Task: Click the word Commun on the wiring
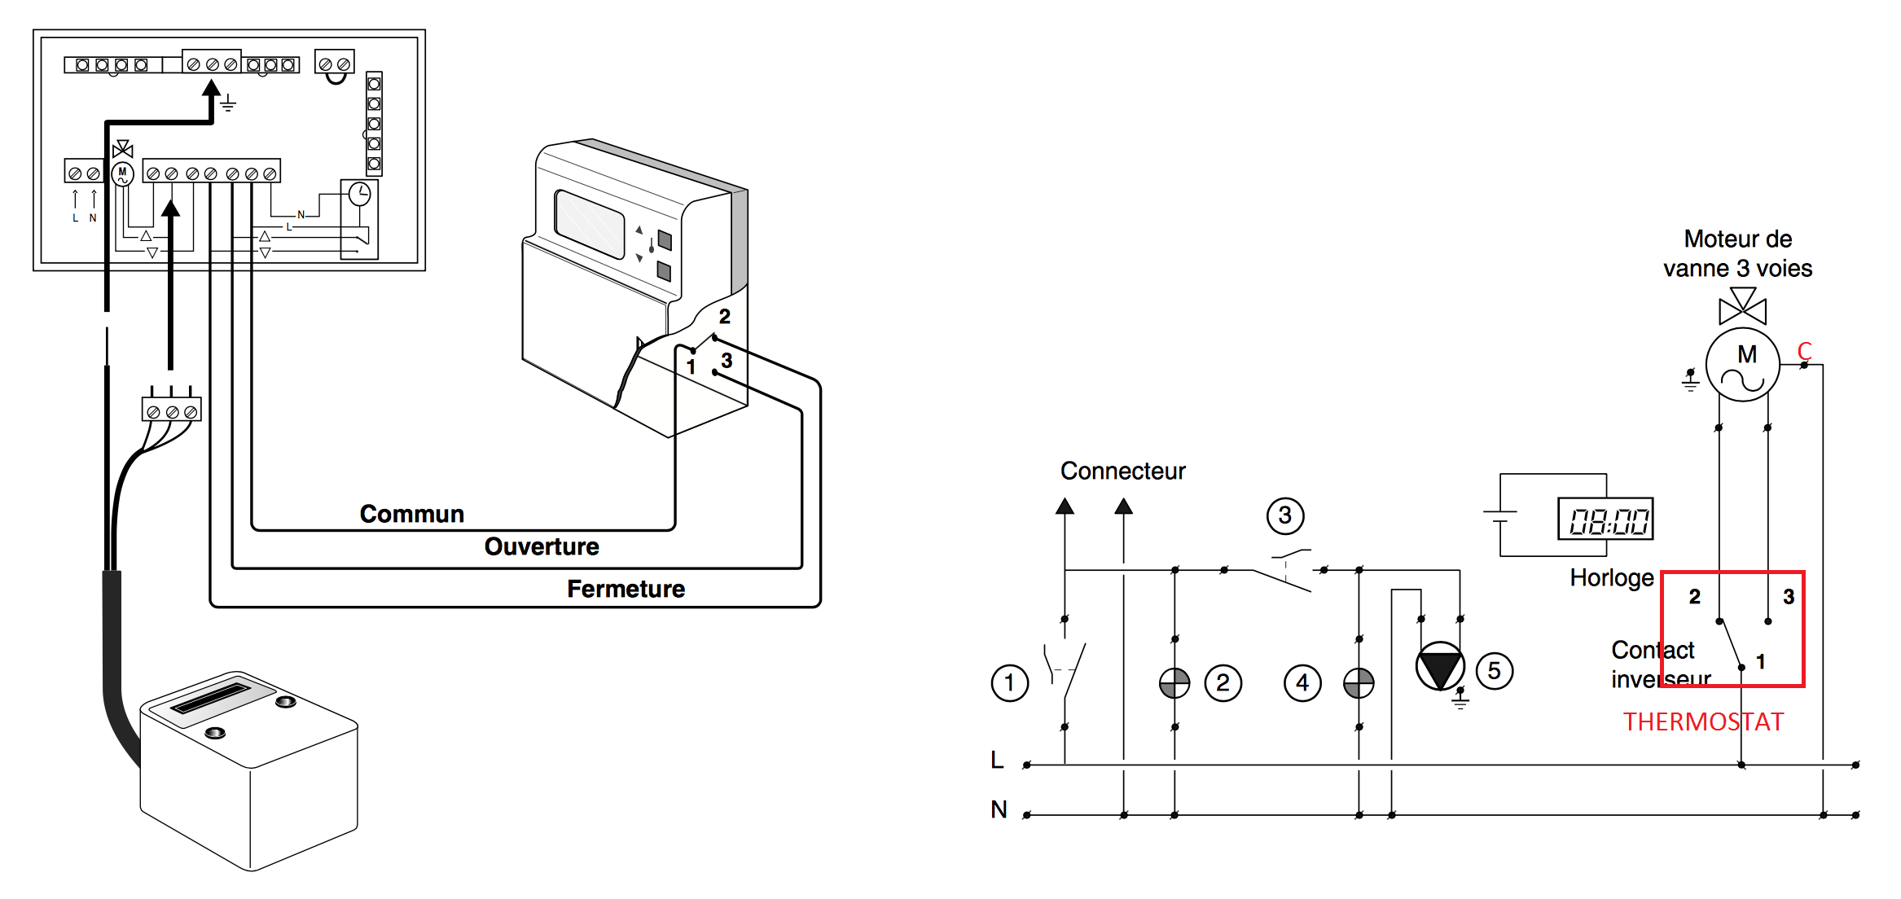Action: tap(412, 514)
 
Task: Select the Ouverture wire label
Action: tap(542, 546)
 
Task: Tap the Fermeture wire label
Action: tap(626, 589)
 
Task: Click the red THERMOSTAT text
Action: tap(1703, 721)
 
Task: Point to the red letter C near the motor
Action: tap(1805, 351)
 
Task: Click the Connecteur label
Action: tap(1122, 471)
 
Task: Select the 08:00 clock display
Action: tap(1605, 519)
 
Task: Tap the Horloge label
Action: tap(1612, 577)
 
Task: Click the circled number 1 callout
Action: tap(1010, 682)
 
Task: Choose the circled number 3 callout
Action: tap(1285, 515)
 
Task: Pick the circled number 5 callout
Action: tap(1494, 671)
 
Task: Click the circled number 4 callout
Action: tap(1302, 682)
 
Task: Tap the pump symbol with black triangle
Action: tap(1440, 666)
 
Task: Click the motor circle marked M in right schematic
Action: tap(1742, 364)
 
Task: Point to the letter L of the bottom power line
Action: tap(997, 760)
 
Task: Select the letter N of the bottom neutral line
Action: tap(999, 809)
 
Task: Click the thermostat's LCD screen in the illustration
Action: tap(589, 223)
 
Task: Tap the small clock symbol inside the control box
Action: tap(359, 194)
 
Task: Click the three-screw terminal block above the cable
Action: tap(172, 409)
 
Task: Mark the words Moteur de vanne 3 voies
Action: tap(1738, 253)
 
